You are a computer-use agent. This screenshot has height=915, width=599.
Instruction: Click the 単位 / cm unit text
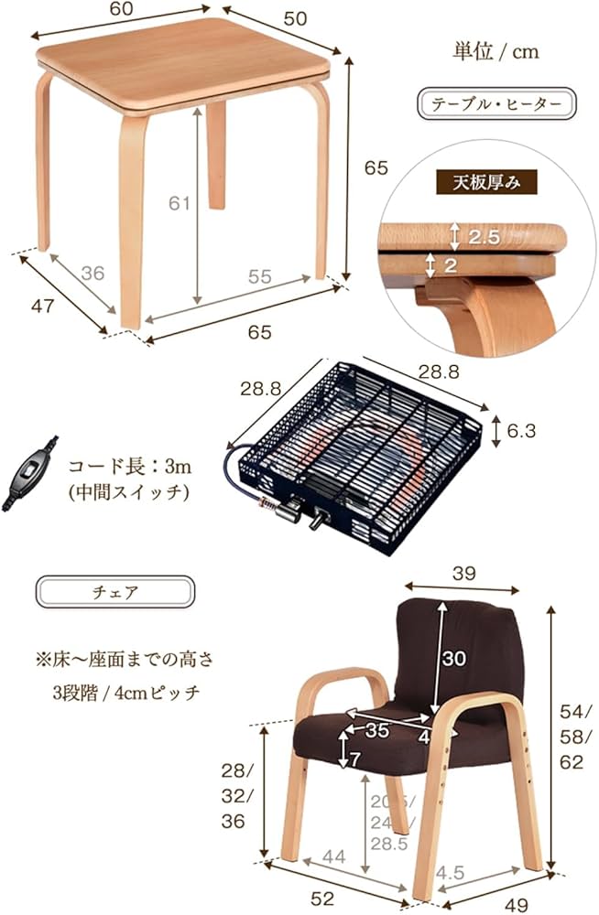496,51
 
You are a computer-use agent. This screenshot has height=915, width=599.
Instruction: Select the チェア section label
115,591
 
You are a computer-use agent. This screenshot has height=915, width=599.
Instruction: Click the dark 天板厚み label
485,181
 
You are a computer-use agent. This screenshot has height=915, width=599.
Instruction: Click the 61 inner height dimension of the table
179,203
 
